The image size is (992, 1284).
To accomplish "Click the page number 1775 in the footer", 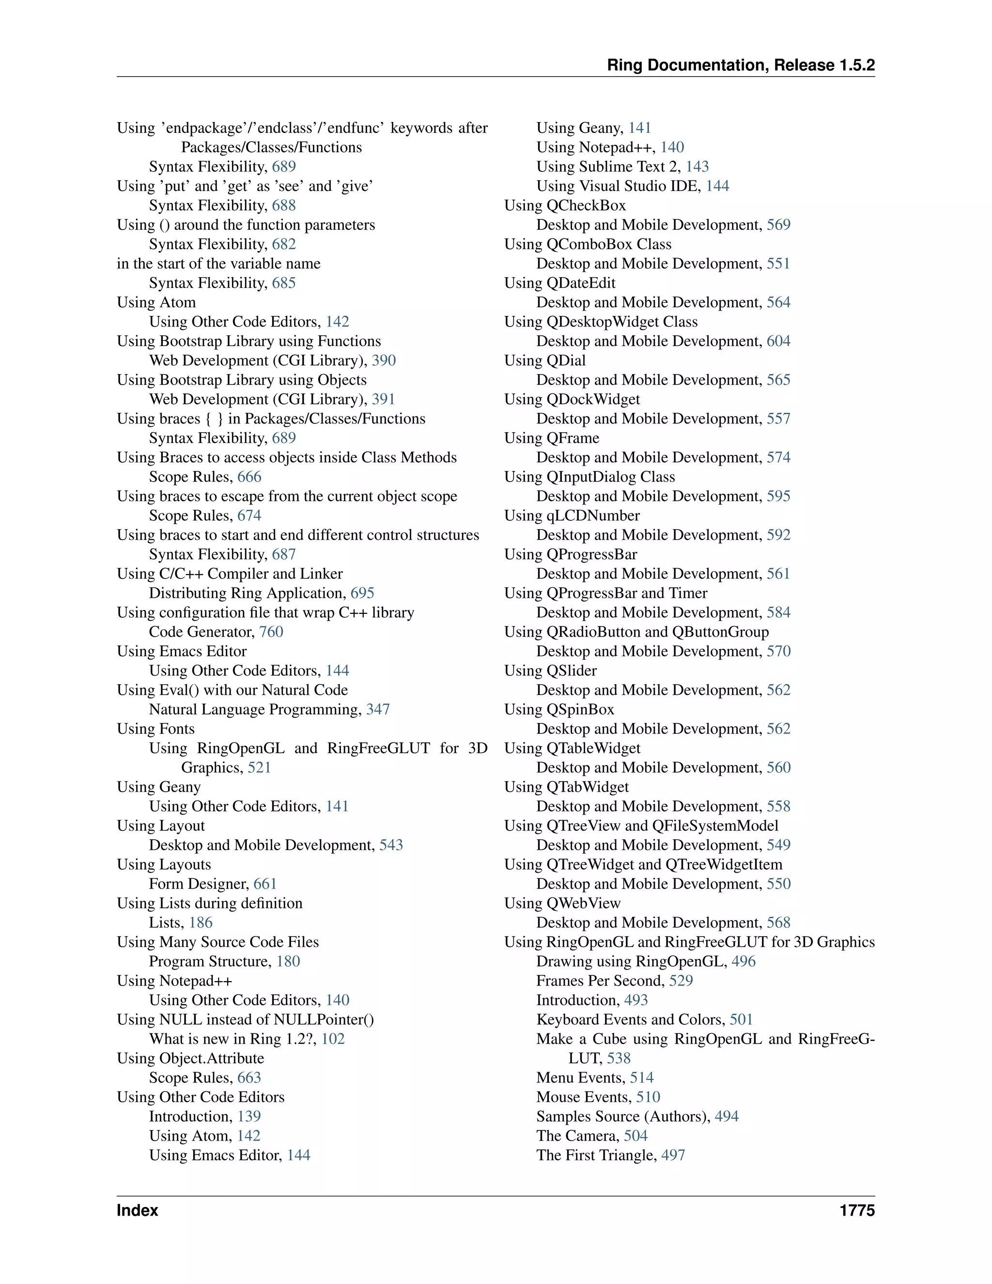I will tap(857, 1210).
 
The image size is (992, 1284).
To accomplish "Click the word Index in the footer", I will tap(137, 1210).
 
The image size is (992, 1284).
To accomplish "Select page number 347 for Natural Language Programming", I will tap(378, 710).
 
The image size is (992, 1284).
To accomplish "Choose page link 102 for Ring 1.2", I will tap(333, 1039).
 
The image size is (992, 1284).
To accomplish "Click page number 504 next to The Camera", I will tap(635, 1136).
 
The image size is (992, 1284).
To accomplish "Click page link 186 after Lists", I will tap(201, 923).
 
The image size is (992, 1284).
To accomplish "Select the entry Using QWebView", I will tap(562, 903).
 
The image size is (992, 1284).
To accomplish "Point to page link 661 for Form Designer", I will tap(265, 884).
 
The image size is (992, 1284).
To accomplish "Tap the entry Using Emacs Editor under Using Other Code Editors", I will tap(215, 1155).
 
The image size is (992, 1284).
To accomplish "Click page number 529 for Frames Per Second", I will tap(681, 981).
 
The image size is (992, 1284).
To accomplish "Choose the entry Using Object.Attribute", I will tap(190, 1058).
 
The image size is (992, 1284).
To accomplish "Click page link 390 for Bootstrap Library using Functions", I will tap(384, 360).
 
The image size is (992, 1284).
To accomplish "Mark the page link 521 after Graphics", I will tap(259, 768).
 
